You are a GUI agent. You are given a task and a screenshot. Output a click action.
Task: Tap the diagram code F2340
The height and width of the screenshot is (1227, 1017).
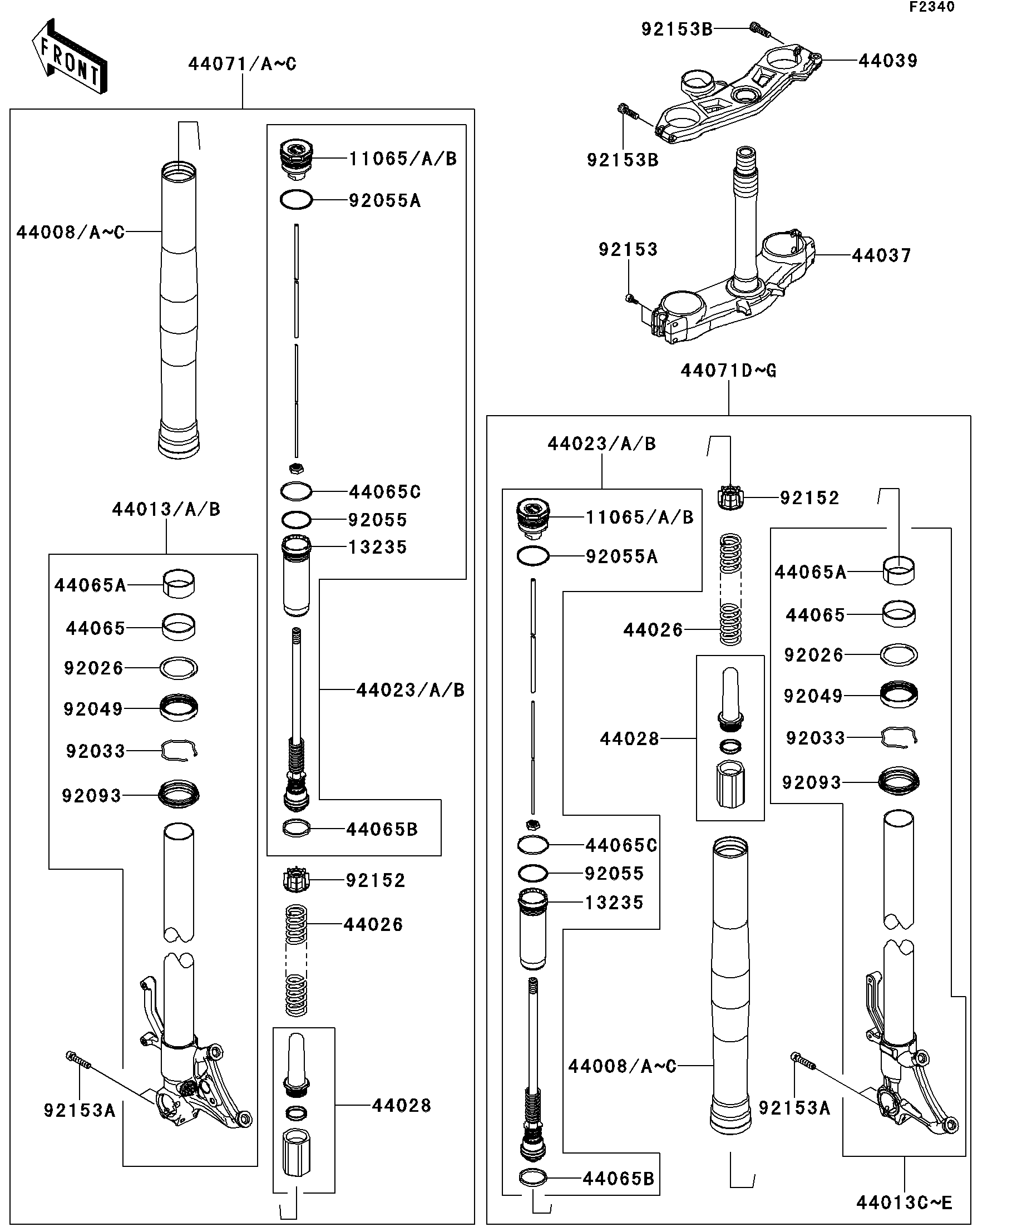(x=931, y=7)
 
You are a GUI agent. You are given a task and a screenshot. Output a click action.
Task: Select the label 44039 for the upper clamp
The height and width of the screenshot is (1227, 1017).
(x=888, y=61)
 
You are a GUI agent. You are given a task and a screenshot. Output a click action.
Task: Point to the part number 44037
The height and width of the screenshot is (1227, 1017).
(x=881, y=255)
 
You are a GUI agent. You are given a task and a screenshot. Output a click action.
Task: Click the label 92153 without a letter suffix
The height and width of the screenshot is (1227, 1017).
(x=628, y=249)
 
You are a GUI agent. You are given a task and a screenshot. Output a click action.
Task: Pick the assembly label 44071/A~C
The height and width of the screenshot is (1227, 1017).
(x=243, y=63)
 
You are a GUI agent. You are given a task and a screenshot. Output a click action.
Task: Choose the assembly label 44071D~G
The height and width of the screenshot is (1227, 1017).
(x=728, y=371)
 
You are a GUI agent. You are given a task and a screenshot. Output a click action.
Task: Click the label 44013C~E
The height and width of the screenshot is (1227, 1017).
(x=904, y=1203)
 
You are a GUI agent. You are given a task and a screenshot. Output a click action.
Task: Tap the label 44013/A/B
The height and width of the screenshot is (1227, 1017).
(x=166, y=509)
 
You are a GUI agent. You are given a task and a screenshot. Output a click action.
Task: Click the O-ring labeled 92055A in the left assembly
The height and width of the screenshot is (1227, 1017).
(x=296, y=200)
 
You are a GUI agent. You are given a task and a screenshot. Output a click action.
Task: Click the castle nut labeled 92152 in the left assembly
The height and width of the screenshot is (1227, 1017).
(x=296, y=880)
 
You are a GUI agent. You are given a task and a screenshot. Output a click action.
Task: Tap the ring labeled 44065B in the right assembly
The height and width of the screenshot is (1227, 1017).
(x=534, y=1179)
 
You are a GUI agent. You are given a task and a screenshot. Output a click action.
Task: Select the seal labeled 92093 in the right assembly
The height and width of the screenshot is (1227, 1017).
(x=898, y=782)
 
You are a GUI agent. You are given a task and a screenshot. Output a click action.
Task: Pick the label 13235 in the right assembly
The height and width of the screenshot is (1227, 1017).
(x=614, y=902)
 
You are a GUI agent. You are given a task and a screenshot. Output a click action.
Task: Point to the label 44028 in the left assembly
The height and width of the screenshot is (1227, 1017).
(x=401, y=1105)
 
